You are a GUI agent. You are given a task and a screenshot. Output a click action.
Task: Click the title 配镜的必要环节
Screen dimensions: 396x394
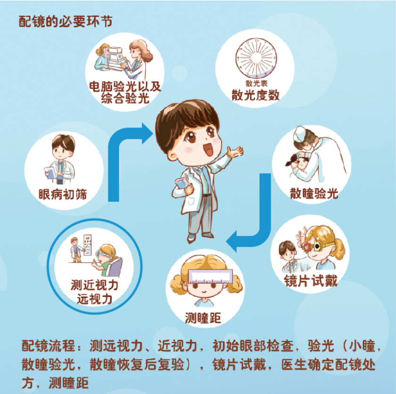65,22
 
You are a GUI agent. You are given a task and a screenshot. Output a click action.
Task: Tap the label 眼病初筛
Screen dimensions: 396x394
63,194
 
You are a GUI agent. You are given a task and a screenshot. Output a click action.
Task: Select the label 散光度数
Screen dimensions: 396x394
255,95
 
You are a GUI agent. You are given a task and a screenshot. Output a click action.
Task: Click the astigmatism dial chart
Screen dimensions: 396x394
256,58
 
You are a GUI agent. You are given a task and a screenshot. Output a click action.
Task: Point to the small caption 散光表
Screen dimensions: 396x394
256,83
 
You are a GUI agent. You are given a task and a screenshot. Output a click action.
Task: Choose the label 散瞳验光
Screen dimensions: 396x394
314,194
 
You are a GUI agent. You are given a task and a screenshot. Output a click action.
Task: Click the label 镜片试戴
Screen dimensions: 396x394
311,281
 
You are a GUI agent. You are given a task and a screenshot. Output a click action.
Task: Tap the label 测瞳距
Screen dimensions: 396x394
203,318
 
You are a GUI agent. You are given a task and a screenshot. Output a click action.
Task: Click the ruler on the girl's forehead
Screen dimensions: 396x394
210,276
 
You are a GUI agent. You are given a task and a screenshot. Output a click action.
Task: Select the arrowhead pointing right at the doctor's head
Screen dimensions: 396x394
147,134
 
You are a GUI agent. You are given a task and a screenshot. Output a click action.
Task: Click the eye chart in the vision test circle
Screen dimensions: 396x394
88,244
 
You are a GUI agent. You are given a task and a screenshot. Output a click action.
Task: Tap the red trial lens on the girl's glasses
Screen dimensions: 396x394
307,247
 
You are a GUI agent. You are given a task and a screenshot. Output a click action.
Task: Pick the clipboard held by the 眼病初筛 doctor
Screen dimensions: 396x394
50,173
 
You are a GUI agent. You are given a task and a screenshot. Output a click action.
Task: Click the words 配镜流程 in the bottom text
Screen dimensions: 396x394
48,346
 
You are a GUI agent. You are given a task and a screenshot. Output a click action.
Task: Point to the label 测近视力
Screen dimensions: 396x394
95,285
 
